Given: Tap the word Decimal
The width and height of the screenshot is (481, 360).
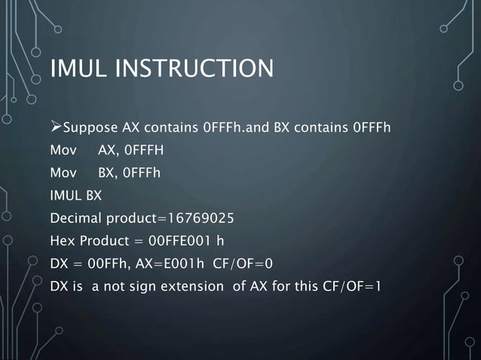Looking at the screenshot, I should (75, 219).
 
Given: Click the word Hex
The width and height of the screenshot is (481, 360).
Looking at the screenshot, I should (63, 243).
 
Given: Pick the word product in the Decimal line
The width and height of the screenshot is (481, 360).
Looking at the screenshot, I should (130, 219).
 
